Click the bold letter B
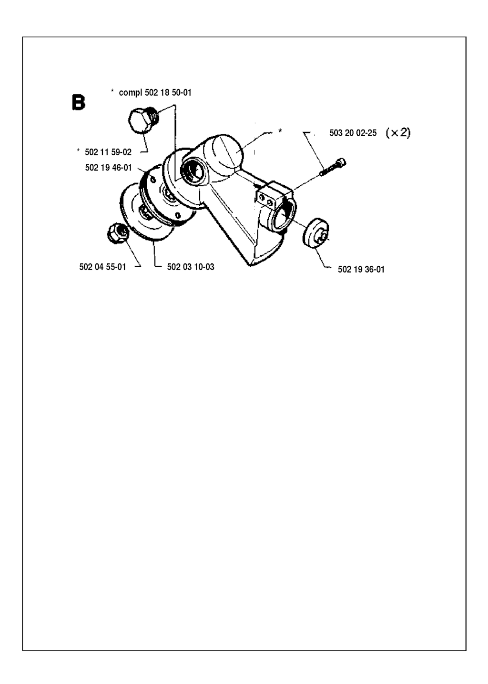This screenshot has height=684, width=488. (78, 102)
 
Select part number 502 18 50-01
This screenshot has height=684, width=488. (168, 92)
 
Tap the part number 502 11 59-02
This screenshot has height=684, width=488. (108, 152)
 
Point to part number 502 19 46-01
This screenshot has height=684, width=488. (109, 168)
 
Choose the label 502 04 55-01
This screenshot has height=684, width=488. (102, 267)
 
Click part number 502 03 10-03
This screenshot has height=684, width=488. (191, 267)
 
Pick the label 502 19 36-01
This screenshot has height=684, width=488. (361, 269)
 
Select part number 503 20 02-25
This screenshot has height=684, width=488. (353, 133)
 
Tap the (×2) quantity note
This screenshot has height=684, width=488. (398, 132)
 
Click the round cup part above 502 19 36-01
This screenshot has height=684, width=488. (315, 233)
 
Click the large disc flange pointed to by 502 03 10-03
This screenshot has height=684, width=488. (146, 215)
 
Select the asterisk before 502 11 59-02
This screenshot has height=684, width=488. (79, 151)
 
